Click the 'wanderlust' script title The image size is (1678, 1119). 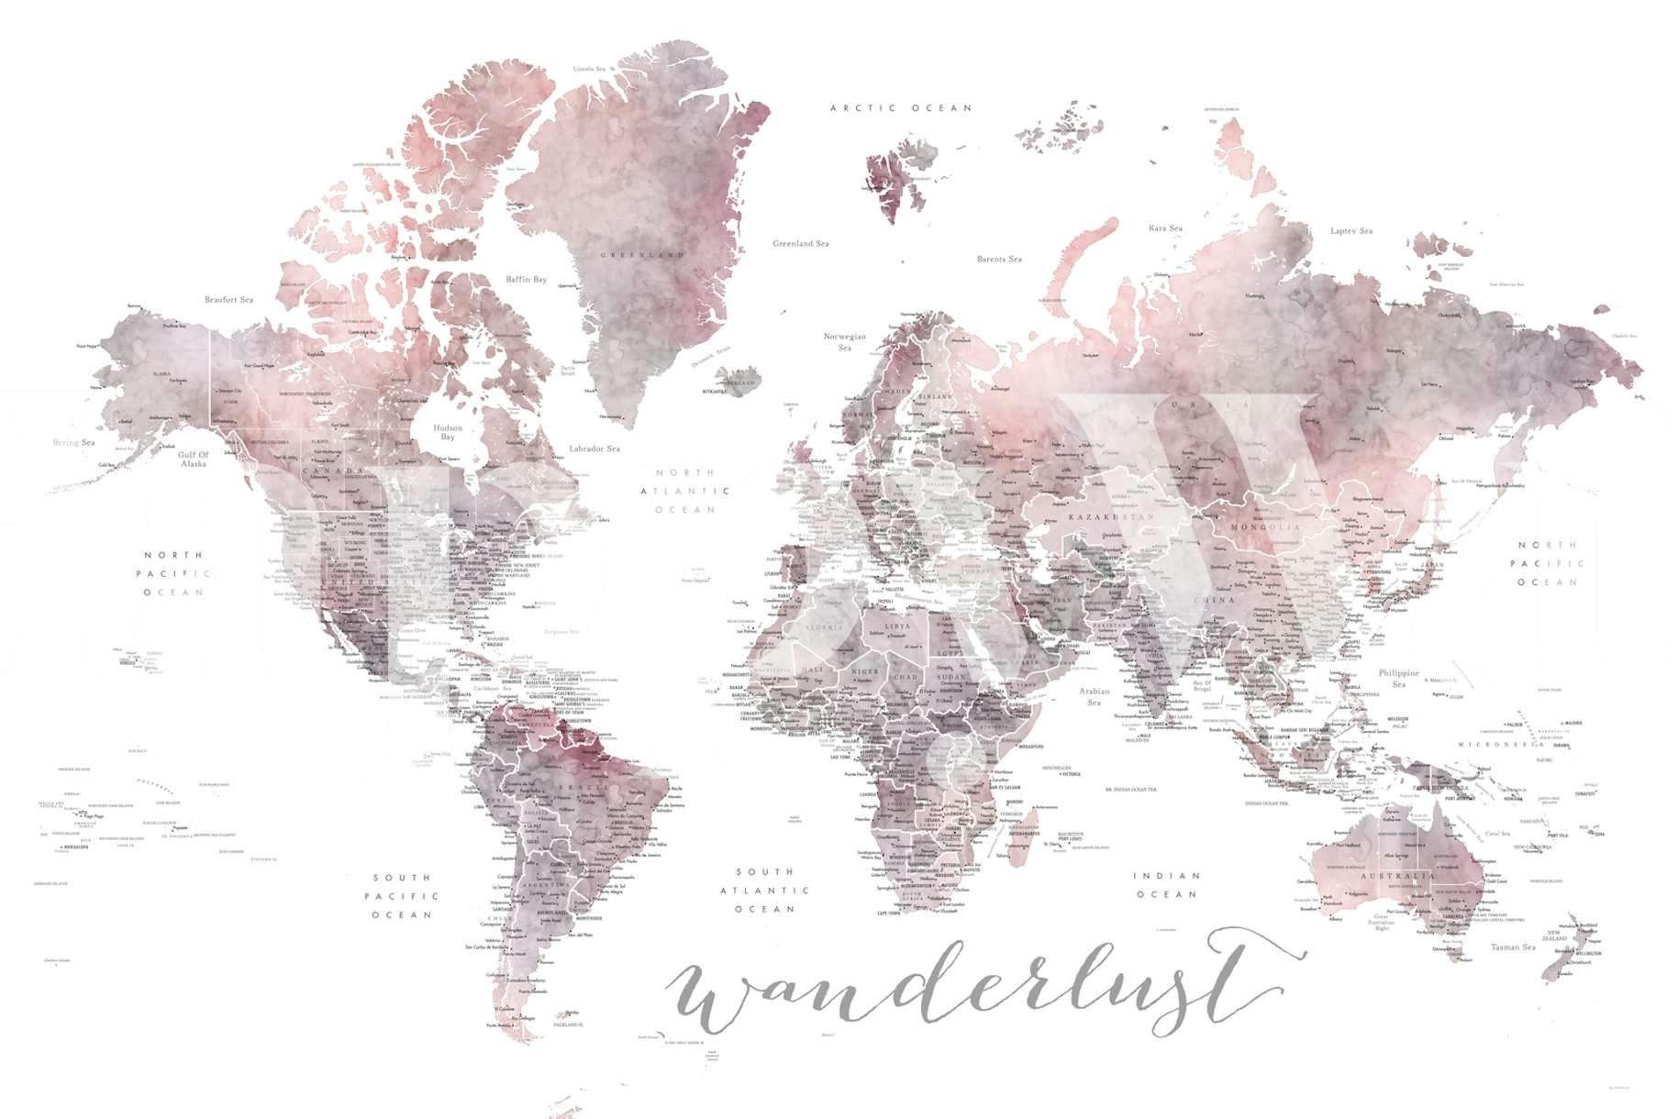tap(972, 991)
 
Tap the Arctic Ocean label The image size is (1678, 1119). tap(900, 108)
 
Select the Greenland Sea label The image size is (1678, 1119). tap(800, 244)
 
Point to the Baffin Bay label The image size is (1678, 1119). tap(526, 280)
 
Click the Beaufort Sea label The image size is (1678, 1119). tap(228, 300)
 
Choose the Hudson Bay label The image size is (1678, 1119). tap(448, 432)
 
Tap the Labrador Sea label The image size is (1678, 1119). tap(594, 449)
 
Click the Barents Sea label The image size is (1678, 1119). tap(999, 260)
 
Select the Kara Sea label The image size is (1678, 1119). tap(1165, 228)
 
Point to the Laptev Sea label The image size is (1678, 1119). tap(1351, 231)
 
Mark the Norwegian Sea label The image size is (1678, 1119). tap(845, 342)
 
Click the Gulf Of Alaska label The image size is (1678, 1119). tap(194, 459)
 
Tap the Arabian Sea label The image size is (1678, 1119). tap(1094, 696)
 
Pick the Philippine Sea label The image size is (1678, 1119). tap(1398, 678)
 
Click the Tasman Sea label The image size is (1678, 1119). tap(1513, 947)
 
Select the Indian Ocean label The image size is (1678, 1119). tap(1166, 885)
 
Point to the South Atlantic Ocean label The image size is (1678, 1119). tap(764, 890)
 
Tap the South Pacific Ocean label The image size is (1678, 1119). tap(401, 896)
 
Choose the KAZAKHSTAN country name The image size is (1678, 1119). tap(1112, 517)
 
